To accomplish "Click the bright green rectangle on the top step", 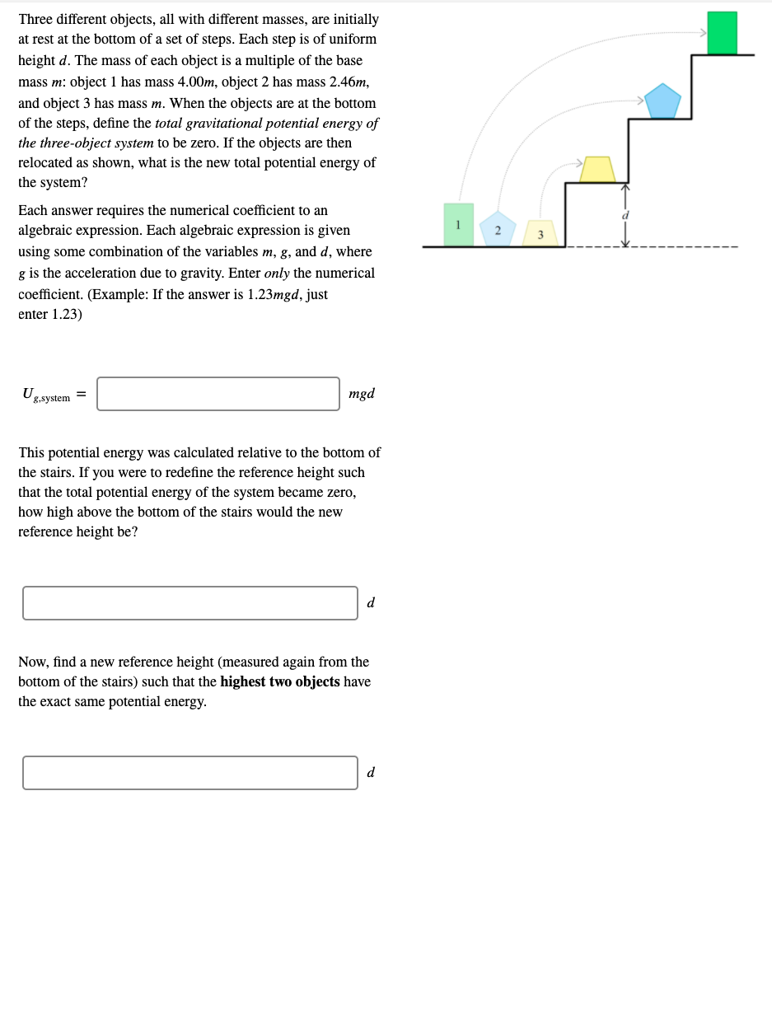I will click(723, 33).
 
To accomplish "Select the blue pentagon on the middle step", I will click(662, 101).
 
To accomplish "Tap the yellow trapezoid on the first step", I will click(597, 169).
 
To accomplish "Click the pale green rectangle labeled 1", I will click(459, 224).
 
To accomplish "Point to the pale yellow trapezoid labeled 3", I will click(540, 233).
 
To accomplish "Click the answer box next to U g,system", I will click(218, 394).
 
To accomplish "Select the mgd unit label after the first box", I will click(362, 394).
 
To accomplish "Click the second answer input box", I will click(190, 603).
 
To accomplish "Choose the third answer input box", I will click(190, 773).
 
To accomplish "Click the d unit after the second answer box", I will click(371, 603).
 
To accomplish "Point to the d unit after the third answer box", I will click(371, 773).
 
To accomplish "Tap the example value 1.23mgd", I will click(275, 294).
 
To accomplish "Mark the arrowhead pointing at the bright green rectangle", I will click(704, 33).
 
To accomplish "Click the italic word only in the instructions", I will click(277, 273).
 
